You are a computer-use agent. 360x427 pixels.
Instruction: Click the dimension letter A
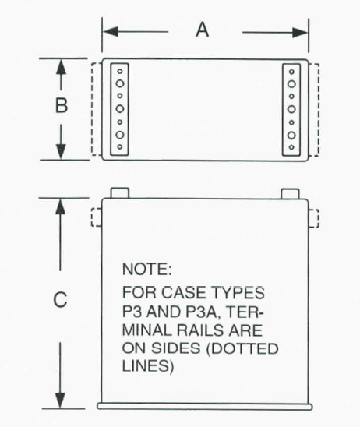(x=203, y=30)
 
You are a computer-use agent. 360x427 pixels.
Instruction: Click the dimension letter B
(x=62, y=105)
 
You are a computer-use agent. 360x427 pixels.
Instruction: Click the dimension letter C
(x=60, y=300)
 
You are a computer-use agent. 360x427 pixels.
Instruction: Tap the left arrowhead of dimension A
(x=111, y=32)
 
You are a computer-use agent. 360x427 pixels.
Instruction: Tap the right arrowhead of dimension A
(x=300, y=33)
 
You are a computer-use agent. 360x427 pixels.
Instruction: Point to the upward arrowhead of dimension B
(x=61, y=67)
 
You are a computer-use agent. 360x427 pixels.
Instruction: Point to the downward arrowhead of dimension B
(x=61, y=151)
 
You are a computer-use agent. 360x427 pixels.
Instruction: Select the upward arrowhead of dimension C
(x=60, y=206)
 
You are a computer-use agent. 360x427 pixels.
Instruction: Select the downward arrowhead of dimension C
(x=60, y=401)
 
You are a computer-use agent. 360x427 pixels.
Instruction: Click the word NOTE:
(x=147, y=270)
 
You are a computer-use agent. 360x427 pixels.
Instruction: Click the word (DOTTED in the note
(x=242, y=349)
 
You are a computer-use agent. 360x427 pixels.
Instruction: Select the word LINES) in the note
(x=148, y=366)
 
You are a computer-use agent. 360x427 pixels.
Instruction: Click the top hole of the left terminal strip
(x=120, y=72)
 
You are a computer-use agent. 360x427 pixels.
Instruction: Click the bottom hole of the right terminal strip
(x=291, y=147)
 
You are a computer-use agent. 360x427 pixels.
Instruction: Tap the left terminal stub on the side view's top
(x=119, y=192)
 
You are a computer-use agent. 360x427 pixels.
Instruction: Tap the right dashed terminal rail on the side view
(x=313, y=218)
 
